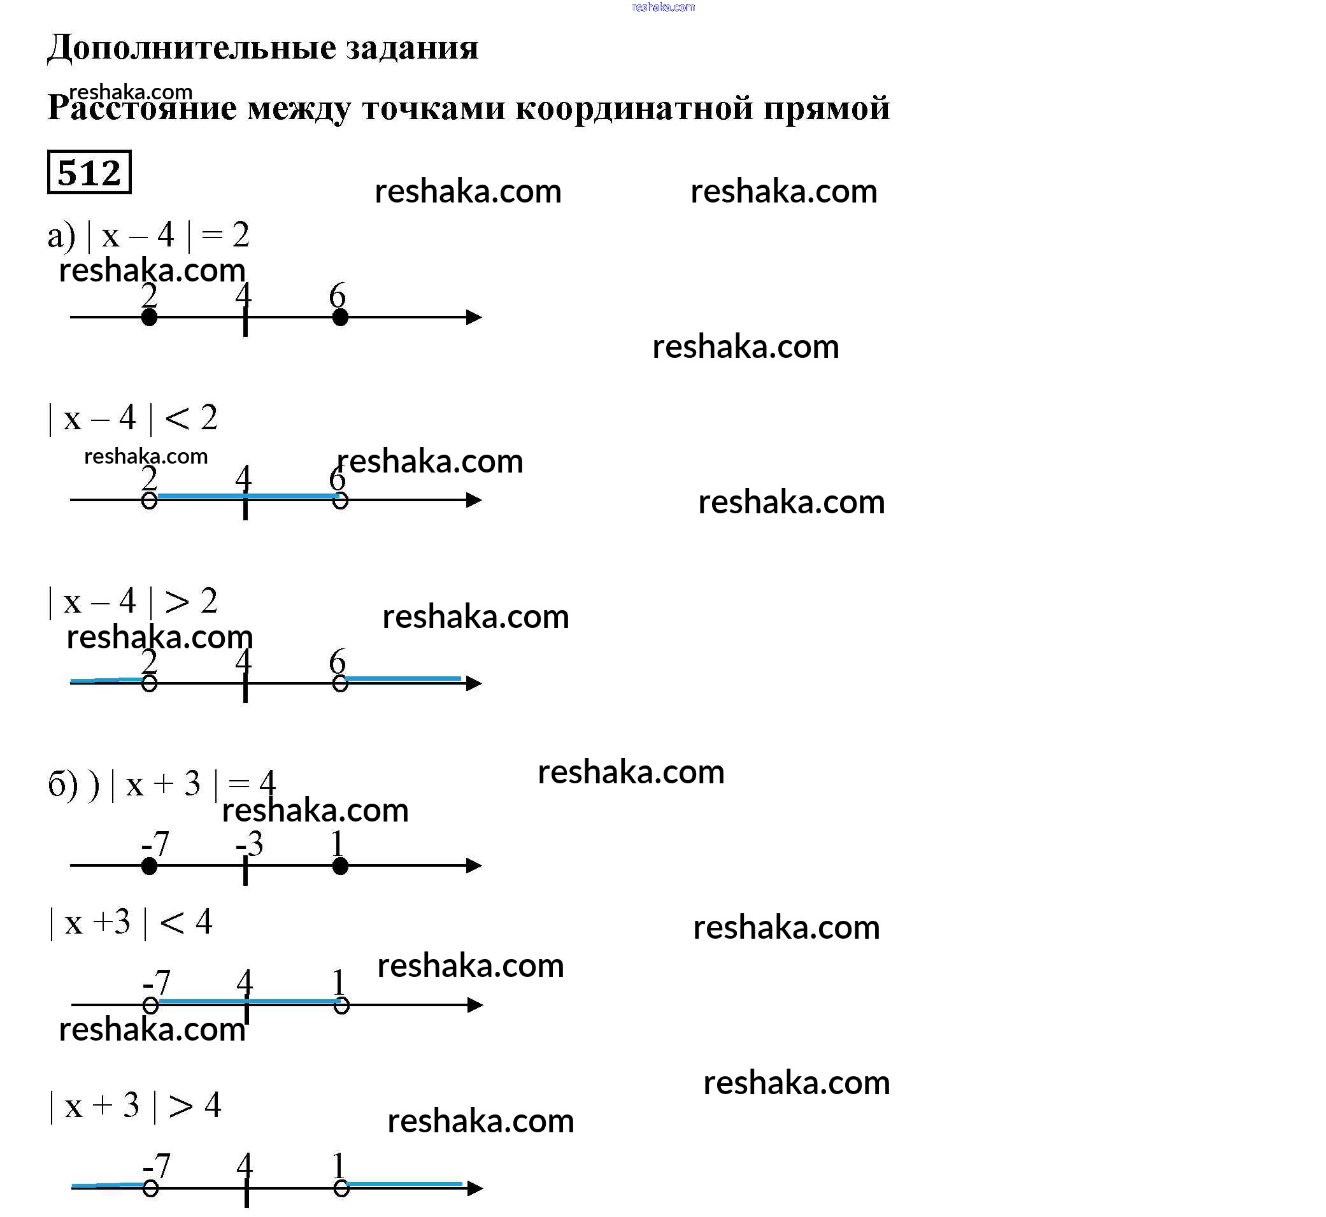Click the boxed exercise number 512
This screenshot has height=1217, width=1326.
tap(90, 173)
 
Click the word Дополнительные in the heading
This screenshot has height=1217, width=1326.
tap(192, 47)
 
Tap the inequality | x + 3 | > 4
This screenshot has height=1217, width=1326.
tap(134, 1105)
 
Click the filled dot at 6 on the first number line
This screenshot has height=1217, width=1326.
tap(340, 317)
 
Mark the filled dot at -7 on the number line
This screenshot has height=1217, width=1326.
tap(150, 866)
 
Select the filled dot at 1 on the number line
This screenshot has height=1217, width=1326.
tap(340, 866)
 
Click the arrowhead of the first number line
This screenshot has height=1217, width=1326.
tap(474, 317)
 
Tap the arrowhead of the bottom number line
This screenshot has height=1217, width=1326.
tap(475, 1188)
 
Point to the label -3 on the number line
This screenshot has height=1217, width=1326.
tap(250, 844)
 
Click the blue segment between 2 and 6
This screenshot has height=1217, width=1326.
tap(247, 496)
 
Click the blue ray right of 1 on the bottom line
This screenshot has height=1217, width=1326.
tap(404, 1184)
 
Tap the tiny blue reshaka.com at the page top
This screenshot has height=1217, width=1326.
tap(662, 7)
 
